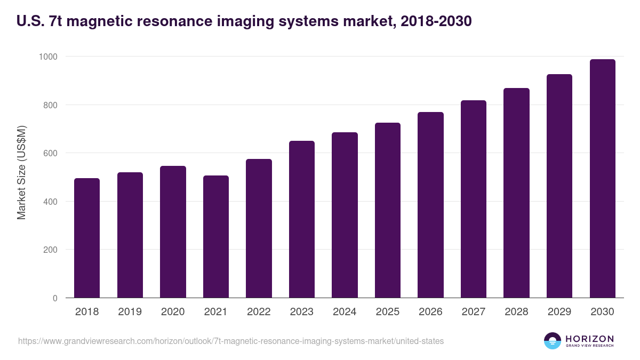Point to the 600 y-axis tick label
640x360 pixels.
51,153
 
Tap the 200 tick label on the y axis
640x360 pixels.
51,250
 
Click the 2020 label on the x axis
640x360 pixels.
173,312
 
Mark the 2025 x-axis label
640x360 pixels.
387,312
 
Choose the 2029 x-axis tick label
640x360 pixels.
559,312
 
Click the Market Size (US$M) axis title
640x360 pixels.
21,172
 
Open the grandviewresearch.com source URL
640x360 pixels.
231,341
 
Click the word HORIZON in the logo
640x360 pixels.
589,339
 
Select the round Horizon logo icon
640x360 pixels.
553,341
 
